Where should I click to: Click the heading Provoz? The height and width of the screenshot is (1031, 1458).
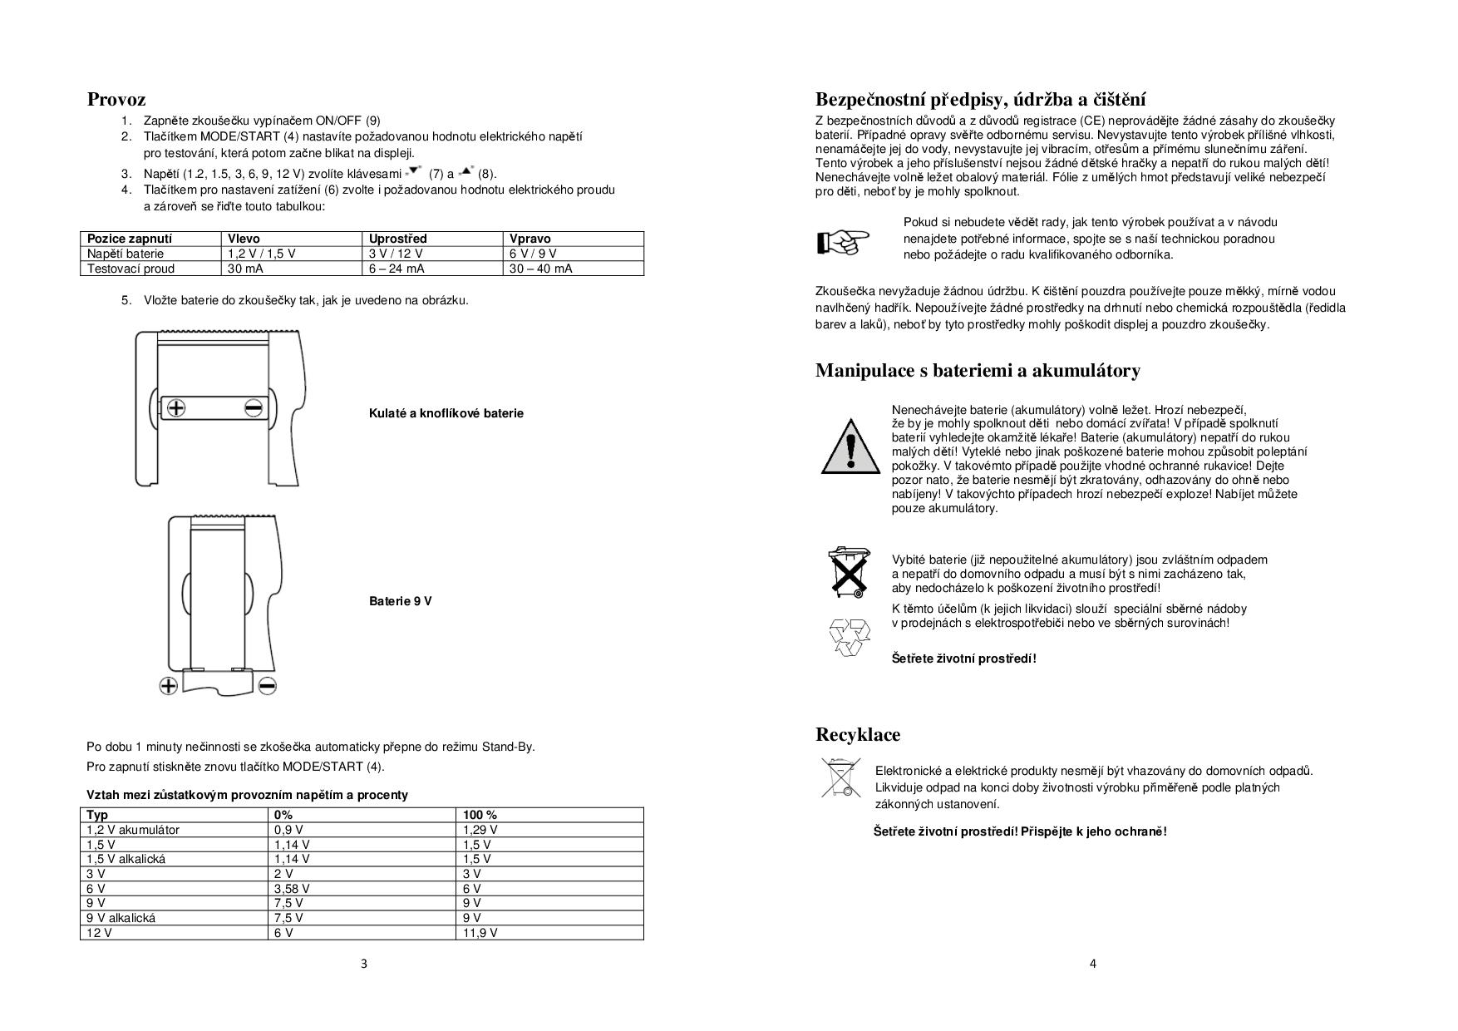(x=116, y=100)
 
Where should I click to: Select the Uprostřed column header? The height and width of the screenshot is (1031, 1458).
(x=398, y=239)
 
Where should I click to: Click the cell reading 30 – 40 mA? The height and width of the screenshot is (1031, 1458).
(x=540, y=269)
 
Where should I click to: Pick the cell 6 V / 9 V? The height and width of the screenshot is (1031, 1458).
(x=533, y=254)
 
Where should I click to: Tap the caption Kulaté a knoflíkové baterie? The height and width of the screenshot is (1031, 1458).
(x=446, y=413)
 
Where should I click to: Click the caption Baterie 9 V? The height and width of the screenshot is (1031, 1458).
(x=401, y=601)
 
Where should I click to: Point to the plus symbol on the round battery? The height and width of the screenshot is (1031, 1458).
(x=176, y=407)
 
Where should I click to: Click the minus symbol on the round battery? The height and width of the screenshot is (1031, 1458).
(x=254, y=407)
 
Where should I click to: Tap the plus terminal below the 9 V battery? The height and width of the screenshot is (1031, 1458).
(x=169, y=686)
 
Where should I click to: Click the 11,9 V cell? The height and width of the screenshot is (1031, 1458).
(x=480, y=933)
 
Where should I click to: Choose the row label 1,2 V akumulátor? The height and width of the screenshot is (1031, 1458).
(x=133, y=830)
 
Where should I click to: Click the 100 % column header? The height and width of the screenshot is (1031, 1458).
(x=480, y=815)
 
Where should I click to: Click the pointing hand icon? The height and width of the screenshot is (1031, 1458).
(x=843, y=240)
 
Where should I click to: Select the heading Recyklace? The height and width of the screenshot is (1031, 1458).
(x=858, y=735)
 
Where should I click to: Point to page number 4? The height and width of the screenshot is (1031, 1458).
(x=1093, y=964)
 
